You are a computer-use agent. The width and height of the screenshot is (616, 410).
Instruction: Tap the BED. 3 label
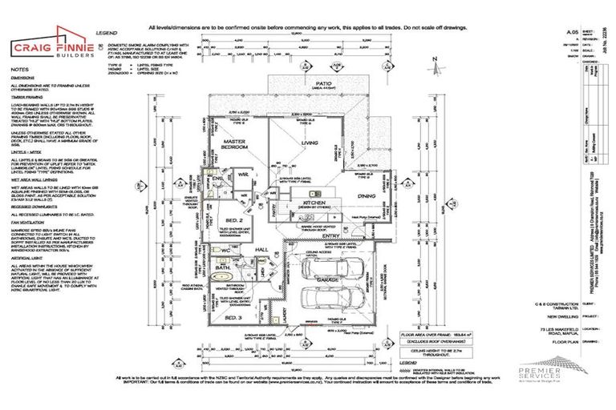[x=233, y=318]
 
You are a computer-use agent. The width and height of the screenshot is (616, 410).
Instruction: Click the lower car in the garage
[x=337, y=303]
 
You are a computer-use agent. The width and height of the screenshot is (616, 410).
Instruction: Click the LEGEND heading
[x=106, y=33]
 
